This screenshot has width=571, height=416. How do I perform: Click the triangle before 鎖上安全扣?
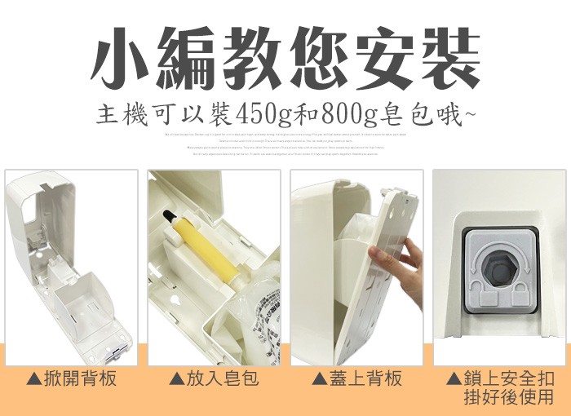(454, 380)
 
